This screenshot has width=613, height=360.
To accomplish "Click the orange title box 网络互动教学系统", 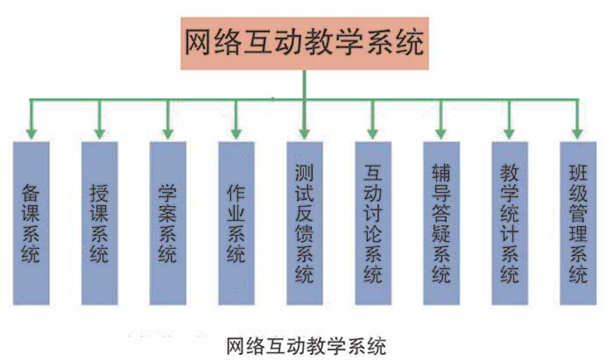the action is click(x=305, y=43).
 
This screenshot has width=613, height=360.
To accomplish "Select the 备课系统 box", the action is click(x=32, y=223).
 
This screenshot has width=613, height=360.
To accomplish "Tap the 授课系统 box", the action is click(x=99, y=223).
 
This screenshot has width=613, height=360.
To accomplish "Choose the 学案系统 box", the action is click(x=168, y=223).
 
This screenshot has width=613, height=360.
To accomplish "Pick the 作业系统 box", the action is click(x=236, y=223).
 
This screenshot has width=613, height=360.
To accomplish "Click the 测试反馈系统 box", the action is click(x=305, y=223).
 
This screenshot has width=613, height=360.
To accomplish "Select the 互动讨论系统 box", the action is click(x=373, y=223).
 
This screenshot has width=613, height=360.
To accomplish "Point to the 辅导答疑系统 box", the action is click(x=441, y=223).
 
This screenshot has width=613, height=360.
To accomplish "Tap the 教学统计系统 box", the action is click(x=510, y=223).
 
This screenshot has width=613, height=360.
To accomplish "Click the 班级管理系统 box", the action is click(x=578, y=223).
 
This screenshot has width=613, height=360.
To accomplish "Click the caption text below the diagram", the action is click(x=306, y=345).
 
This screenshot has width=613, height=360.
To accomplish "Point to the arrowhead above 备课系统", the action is click(x=32, y=134).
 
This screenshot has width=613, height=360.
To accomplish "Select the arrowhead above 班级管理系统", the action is click(x=578, y=134).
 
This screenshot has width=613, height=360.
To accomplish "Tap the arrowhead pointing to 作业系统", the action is click(x=236, y=134).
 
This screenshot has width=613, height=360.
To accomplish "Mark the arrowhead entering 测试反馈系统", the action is click(x=305, y=134).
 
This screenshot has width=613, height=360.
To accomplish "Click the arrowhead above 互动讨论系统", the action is click(x=373, y=134).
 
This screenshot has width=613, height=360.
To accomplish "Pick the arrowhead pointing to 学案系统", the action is click(x=168, y=134).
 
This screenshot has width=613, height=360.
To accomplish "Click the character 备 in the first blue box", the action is click(x=31, y=193).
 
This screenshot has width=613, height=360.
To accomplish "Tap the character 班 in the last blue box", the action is click(x=578, y=172).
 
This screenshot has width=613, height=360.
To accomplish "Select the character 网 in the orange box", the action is click(x=198, y=42).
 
